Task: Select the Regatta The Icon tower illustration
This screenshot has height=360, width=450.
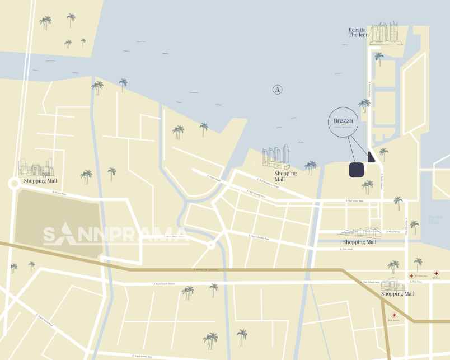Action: (x=387, y=33)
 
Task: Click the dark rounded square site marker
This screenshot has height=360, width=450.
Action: (x=357, y=170)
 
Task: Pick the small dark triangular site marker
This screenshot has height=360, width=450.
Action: (x=371, y=157)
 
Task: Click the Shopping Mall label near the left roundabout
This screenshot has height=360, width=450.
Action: (x=40, y=181)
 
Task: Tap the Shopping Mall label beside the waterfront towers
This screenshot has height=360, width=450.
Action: (x=285, y=176)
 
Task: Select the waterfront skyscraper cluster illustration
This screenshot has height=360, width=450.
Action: (x=276, y=157)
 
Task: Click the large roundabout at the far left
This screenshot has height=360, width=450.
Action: (x=13, y=184)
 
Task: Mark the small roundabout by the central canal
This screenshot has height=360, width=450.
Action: (x=211, y=245)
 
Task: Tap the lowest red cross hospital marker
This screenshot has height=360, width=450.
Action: (x=394, y=315)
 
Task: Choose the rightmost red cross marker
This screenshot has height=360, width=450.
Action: (x=436, y=273)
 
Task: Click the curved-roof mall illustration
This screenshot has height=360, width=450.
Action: (x=359, y=232)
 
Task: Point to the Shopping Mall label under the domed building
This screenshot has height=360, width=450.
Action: (x=397, y=293)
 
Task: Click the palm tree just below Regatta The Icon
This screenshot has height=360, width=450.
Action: (x=379, y=57)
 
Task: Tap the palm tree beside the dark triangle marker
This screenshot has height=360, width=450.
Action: (x=383, y=153)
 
